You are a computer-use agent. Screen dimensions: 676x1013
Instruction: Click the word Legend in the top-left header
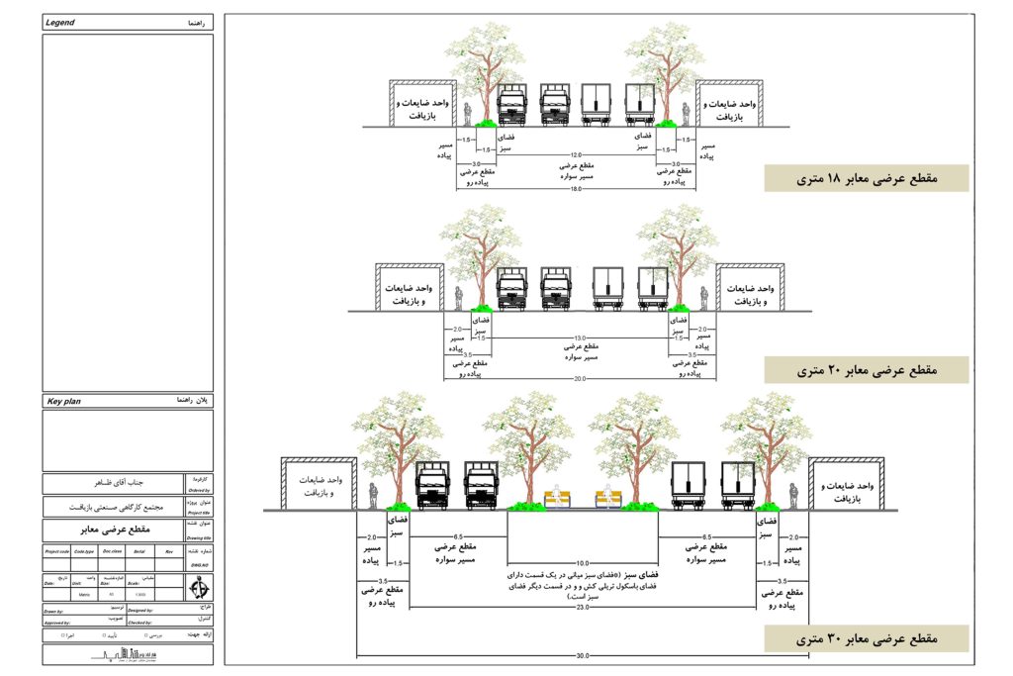click(x=61, y=22)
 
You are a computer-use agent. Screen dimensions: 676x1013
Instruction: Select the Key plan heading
click(x=64, y=401)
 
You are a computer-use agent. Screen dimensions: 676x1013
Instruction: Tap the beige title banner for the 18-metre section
click(x=866, y=178)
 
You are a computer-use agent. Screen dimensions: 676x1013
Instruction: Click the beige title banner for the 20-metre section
click(x=866, y=370)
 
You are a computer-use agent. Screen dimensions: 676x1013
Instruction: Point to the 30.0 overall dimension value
click(x=583, y=655)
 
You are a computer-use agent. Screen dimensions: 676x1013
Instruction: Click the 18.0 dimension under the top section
click(x=573, y=188)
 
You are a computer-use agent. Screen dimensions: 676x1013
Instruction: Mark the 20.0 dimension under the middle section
click(x=579, y=378)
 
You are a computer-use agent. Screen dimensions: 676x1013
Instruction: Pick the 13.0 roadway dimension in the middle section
click(x=580, y=338)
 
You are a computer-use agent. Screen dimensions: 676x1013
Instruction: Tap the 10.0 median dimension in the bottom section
click(x=584, y=562)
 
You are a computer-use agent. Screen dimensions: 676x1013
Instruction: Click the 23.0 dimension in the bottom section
click(x=584, y=607)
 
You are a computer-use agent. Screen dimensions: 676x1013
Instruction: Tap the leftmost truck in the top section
click(x=511, y=104)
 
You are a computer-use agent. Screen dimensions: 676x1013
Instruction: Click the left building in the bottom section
click(x=319, y=484)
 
